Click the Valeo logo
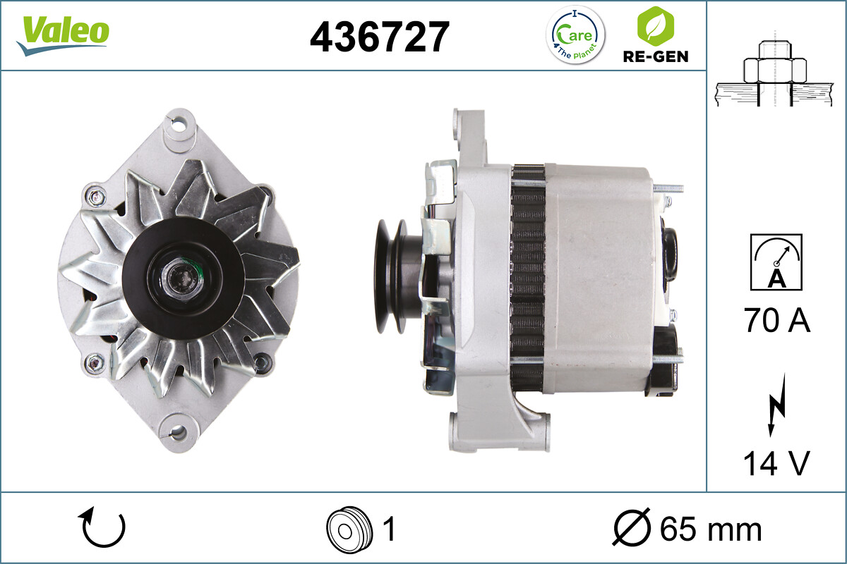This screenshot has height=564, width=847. pyautogui.click(x=63, y=36)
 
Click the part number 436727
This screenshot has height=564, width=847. pyautogui.click(x=380, y=37)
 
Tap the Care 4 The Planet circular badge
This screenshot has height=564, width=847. pyautogui.click(x=575, y=35)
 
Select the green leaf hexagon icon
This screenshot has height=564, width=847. pyautogui.click(x=655, y=26)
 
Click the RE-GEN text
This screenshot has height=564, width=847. pyautogui.click(x=656, y=56)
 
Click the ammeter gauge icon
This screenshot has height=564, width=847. pyautogui.click(x=776, y=262)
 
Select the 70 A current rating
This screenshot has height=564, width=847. pyautogui.click(x=776, y=320)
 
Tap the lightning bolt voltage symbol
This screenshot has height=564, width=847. pyautogui.click(x=776, y=405)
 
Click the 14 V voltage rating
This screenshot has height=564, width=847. pyautogui.click(x=776, y=463)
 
